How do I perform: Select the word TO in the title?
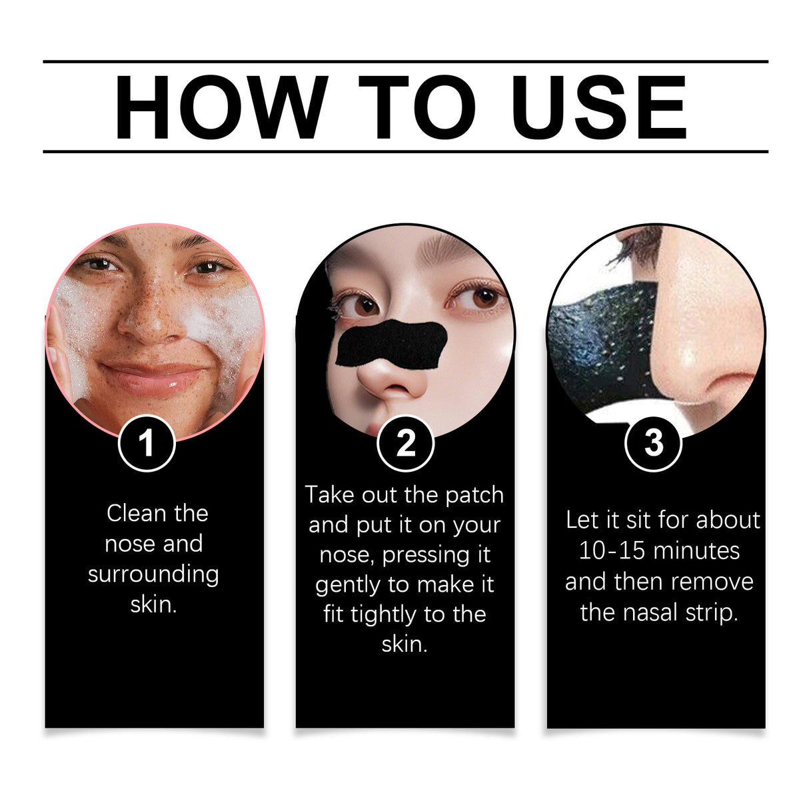pyautogui.click(x=417, y=107)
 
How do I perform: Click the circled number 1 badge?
pyautogui.click(x=147, y=443)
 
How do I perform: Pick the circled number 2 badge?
pyautogui.click(x=405, y=443)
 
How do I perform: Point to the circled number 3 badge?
pyautogui.click(x=653, y=442)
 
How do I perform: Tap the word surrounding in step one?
pyautogui.click(x=153, y=574)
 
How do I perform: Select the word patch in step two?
pyautogui.click(x=474, y=495)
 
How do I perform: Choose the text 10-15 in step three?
pyautogui.click(x=606, y=551)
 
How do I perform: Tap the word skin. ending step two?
pyautogui.click(x=404, y=644)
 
